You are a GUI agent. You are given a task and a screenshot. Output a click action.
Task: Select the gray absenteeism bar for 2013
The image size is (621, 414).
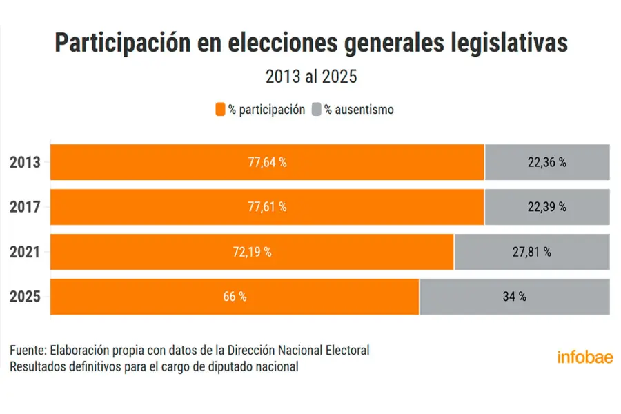pyautogui.click(x=547, y=163)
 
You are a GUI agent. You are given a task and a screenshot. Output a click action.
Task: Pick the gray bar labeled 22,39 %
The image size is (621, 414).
pyautogui.click(x=547, y=207)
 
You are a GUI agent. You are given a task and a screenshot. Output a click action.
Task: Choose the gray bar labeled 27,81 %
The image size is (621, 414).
pyautogui.click(x=532, y=252)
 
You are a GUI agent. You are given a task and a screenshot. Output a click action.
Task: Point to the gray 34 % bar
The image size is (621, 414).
pyautogui.click(x=515, y=297)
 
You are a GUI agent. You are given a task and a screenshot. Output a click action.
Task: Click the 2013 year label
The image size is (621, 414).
pyautogui.click(x=26, y=163)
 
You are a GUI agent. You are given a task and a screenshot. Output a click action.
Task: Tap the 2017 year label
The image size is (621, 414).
pyautogui.click(x=26, y=207)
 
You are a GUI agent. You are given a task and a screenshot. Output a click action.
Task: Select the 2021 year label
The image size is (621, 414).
pyautogui.click(x=26, y=252)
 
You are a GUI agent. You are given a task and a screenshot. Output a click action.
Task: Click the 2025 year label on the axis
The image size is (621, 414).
pyautogui.click(x=26, y=297)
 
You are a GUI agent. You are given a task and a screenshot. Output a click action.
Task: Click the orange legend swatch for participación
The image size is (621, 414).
pyautogui.click(x=220, y=109)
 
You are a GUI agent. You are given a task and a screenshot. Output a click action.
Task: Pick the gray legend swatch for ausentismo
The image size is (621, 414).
pyautogui.click(x=317, y=109)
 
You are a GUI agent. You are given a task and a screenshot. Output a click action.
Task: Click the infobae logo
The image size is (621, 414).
pyautogui.click(x=584, y=357)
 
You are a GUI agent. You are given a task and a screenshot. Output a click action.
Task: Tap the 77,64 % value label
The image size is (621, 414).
pyautogui.click(x=267, y=163)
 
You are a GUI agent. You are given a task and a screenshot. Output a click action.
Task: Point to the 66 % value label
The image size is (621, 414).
pyautogui.click(x=235, y=297)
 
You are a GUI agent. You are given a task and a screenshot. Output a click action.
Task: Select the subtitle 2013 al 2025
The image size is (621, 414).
pyautogui.click(x=311, y=77)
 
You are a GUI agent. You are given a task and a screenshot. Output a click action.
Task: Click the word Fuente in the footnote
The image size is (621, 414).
pyautogui.click(x=26, y=351)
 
